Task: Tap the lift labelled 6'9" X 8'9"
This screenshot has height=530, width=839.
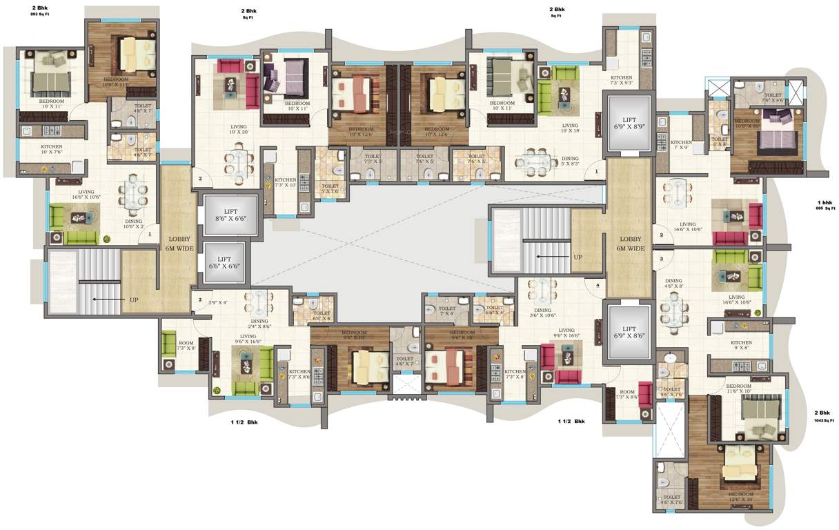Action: [x=626, y=124]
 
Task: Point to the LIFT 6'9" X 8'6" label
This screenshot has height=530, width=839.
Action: [x=626, y=334]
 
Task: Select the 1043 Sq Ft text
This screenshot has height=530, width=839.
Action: [x=825, y=420]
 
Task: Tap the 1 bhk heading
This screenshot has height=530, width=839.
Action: [x=825, y=202]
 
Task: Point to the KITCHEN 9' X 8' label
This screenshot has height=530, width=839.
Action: [x=742, y=346]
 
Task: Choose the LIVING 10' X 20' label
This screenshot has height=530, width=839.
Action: [x=238, y=130]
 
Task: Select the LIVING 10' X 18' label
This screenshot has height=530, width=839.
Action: [x=570, y=128]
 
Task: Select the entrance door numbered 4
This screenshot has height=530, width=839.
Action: [x=598, y=284]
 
